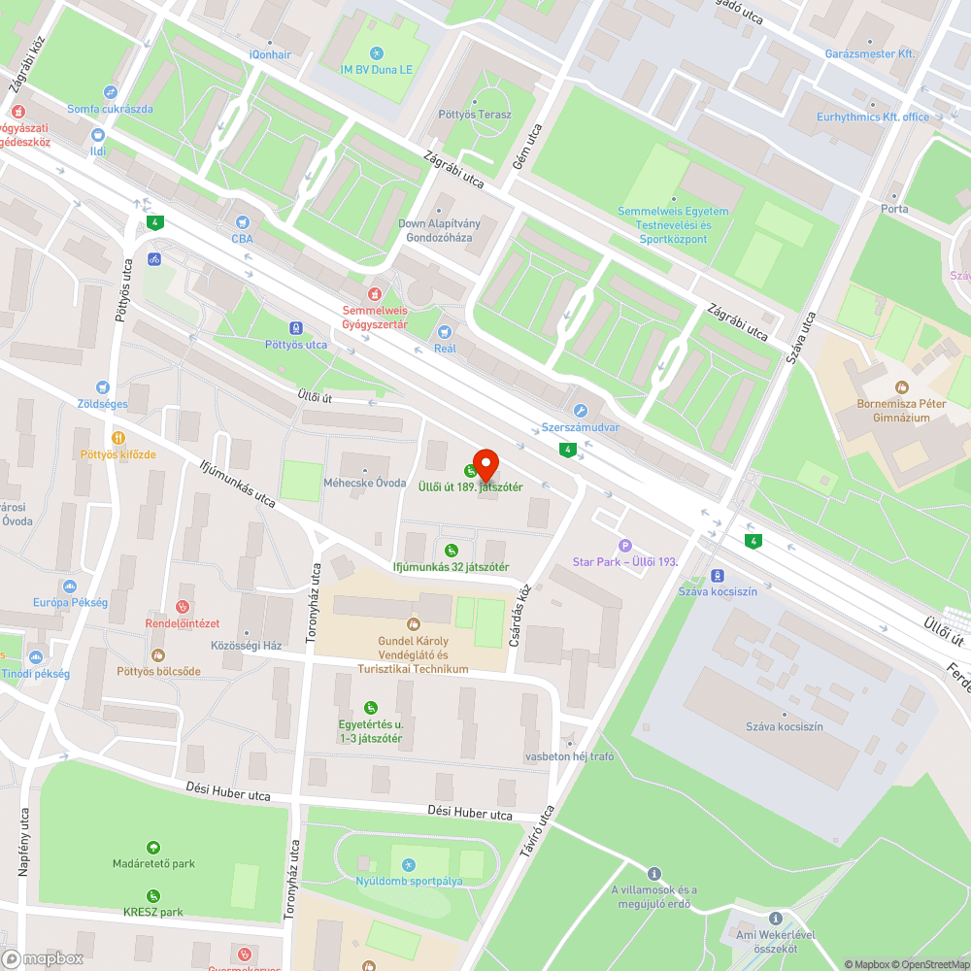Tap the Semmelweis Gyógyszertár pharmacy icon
pyautogui.click(x=373, y=293)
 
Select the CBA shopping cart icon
pyautogui.click(x=242, y=221)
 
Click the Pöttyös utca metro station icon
pyautogui.click(x=296, y=328)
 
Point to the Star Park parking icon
pyautogui.click(x=624, y=546)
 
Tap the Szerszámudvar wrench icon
pyautogui.click(x=581, y=411)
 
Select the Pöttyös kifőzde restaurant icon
pyautogui.click(x=118, y=438)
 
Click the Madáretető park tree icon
pyautogui.click(x=152, y=848)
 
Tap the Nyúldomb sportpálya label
pyautogui.click(x=408, y=882)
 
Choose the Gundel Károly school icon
pyautogui.click(x=413, y=624)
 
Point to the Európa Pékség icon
pyautogui.click(x=69, y=586)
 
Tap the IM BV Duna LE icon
pyautogui.click(x=377, y=53)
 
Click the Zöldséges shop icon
pyautogui.click(x=103, y=387)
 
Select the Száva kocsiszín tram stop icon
pyautogui.click(x=718, y=575)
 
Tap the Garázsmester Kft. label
pyautogui.click(x=870, y=54)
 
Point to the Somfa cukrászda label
pyautogui.click(x=110, y=109)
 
